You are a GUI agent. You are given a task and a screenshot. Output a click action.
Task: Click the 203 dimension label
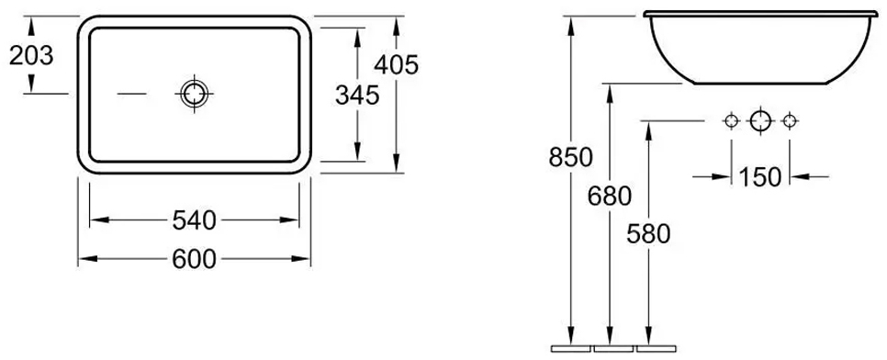pos(31,55)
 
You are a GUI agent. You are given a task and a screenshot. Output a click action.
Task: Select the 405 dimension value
pos(396,65)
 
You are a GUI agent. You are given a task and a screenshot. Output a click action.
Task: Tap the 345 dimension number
pos(357,96)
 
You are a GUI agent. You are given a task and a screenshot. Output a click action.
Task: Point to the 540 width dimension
pos(194,220)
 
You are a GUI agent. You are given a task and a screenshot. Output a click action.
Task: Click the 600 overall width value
pos(194,259)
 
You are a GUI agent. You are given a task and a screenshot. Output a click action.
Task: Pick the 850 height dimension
pos(571,157)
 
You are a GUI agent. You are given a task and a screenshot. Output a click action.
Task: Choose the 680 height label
pos(610,197)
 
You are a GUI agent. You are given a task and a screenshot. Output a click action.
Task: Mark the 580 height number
pos(648,234)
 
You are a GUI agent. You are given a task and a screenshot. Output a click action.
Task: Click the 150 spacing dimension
pos(760,177)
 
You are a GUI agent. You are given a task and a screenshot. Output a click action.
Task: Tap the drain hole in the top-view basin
pos(194,94)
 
